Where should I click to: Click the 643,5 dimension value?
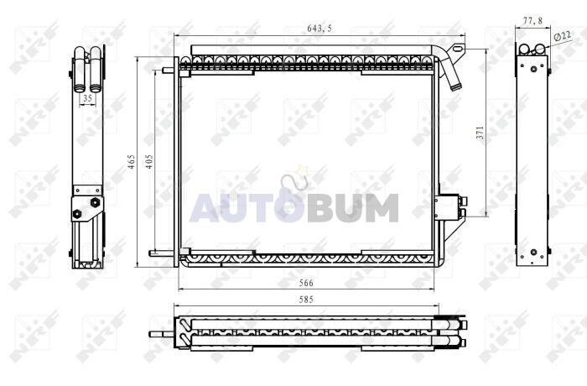(319, 28)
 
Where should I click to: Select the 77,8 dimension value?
(532, 21)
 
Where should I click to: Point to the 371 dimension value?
(481, 133)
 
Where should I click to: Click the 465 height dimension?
(131, 161)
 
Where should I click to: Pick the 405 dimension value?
(149, 161)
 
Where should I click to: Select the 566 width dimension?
(306, 284)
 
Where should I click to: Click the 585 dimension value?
(306, 300)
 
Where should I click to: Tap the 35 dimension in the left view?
(87, 98)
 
